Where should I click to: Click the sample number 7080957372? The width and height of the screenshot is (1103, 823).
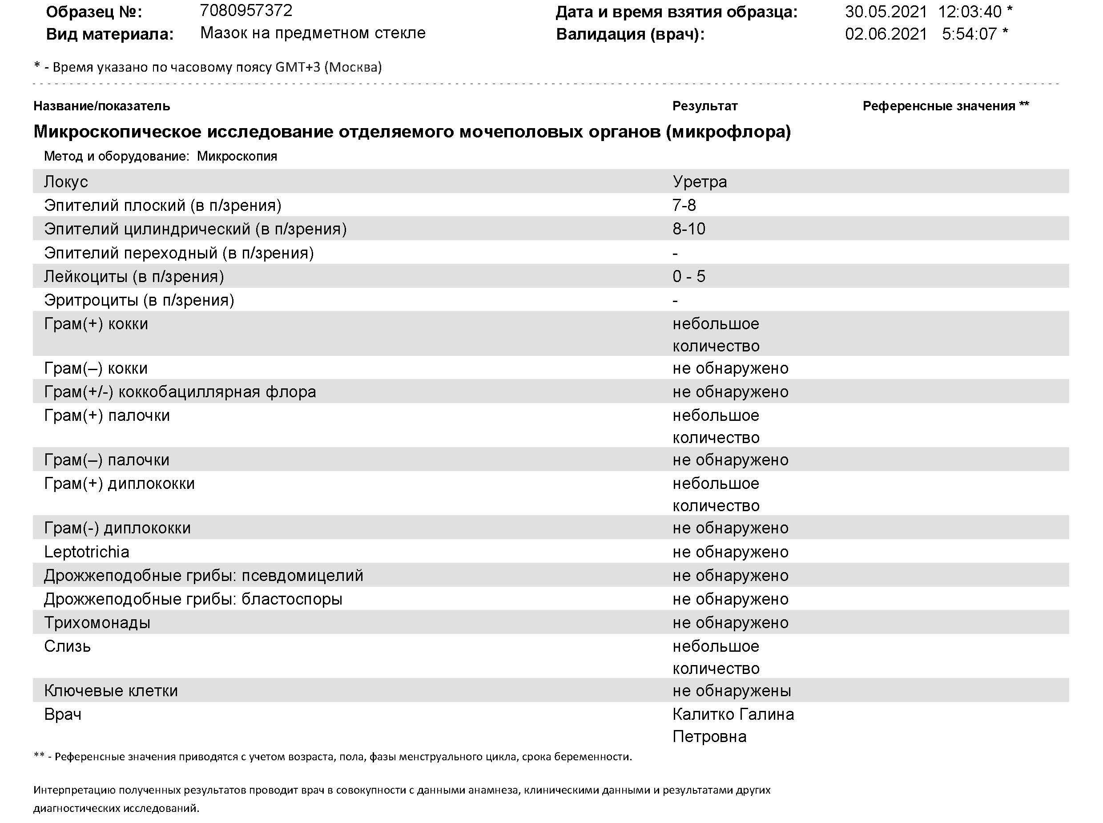click(x=246, y=11)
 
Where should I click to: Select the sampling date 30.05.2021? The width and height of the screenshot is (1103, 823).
click(x=886, y=12)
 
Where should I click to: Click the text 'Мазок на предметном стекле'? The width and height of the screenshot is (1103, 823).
click(x=313, y=33)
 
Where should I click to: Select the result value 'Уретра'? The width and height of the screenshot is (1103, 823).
click(x=699, y=182)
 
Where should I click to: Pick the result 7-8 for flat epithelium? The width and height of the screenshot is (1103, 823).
click(x=684, y=205)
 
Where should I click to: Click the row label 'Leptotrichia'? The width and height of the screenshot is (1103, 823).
click(x=87, y=552)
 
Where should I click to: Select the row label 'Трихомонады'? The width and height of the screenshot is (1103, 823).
click(x=97, y=622)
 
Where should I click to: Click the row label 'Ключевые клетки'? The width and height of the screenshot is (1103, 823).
click(x=111, y=690)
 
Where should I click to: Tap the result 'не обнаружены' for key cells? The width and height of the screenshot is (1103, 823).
click(x=731, y=690)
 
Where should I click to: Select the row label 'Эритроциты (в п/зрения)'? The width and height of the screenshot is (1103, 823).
click(x=139, y=300)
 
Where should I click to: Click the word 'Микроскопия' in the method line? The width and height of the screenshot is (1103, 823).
click(x=237, y=156)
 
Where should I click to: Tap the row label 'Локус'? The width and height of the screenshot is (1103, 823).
click(x=66, y=182)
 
